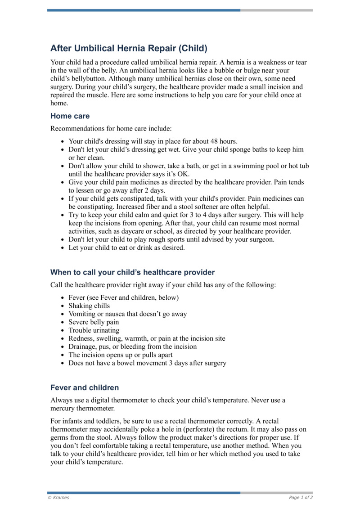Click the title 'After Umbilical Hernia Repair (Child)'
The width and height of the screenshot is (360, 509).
click(x=129, y=48)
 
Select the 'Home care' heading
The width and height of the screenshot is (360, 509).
click(x=70, y=116)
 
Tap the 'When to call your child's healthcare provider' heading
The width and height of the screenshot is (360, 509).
click(x=132, y=272)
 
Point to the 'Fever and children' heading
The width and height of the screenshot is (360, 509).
click(x=85, y=387)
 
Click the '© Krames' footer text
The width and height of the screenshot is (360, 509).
click(x=58, y=497)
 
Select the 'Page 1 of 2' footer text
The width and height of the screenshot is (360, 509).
click(x=301, y=497)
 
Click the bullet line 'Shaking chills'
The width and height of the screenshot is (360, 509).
click(x=89, y=306)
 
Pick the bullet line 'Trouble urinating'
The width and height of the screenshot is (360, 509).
click(x=94, y=330)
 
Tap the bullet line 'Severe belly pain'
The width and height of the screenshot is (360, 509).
click(x=94, y=322)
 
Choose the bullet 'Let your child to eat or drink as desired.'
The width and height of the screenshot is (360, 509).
click(x=126, y=248)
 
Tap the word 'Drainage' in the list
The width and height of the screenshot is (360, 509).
click(x=82, y=347)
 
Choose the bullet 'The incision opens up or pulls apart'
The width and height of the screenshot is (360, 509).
click(x=120, y=355)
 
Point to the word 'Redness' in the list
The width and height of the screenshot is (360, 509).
click(x=81, y=338)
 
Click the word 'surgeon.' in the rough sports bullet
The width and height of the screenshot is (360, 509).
click(x=261, y=239)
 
